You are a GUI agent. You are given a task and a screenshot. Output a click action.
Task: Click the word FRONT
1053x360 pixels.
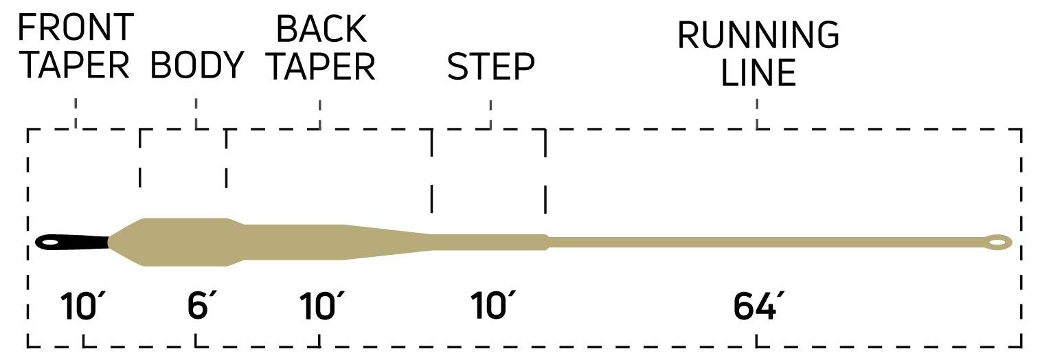(x=76, y=27)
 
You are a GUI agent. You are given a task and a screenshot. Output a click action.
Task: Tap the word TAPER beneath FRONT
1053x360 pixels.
(x=76, y=65)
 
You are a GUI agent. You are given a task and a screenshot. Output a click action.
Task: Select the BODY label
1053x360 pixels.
(x=196, y=65)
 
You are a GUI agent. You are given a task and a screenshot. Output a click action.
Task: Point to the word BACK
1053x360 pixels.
(x=321, y=29)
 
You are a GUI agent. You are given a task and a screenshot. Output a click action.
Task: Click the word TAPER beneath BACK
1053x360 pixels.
(x=321, y=66)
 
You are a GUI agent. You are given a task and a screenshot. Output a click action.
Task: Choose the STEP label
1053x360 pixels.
(x=490, y=66)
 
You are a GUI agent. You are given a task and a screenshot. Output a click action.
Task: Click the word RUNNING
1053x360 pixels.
(x=758, y=35)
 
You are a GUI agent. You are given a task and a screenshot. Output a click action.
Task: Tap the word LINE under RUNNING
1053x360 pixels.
(x=758, y=72)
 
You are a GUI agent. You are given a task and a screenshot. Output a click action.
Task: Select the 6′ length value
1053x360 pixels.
(x=202, y=306)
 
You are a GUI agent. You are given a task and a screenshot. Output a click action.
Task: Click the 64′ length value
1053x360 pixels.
(x=758, y=306)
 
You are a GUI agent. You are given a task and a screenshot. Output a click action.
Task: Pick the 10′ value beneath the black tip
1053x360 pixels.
(x=83, y=306)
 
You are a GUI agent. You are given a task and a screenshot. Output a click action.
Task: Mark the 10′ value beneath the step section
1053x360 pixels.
(x=492, y=306)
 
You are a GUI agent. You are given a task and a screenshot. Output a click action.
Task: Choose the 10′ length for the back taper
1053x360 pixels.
(x=321, y=306)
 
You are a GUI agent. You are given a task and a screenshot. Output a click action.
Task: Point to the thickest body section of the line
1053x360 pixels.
(x=185, y=243)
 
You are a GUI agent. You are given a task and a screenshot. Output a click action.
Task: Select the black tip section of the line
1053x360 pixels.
(x=72, y=242)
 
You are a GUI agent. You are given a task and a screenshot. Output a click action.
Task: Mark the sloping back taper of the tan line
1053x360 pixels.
(x=388, y=243)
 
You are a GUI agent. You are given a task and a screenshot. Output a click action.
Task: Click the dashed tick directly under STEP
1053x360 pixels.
(x=490, y=114)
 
